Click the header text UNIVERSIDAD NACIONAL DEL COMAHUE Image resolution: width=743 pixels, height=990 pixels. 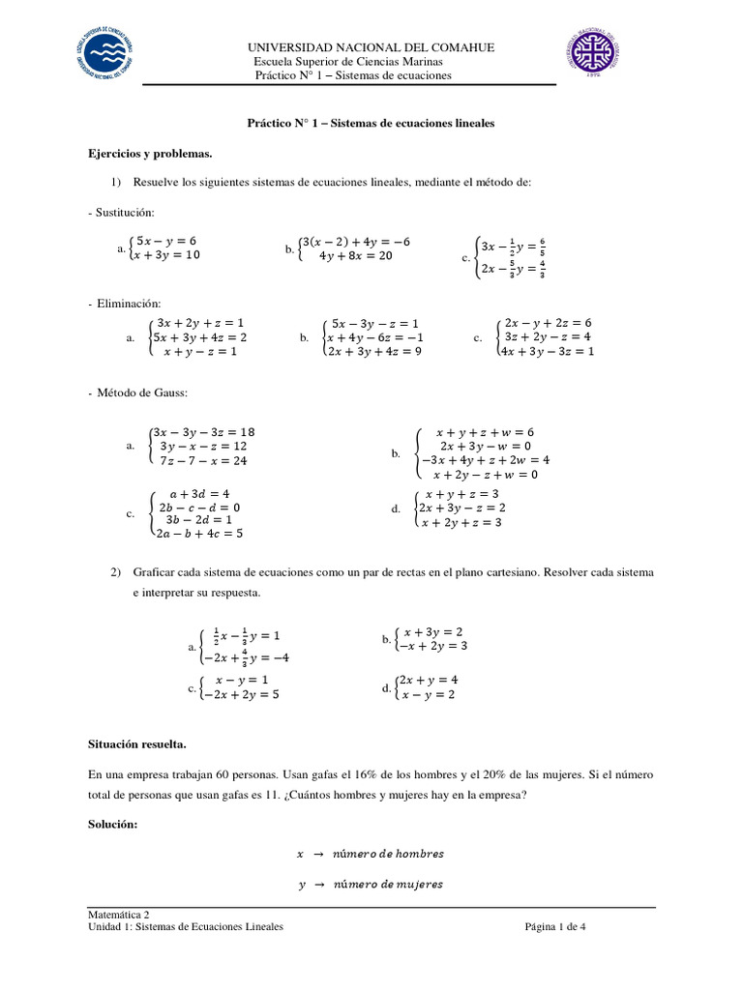point(371,47)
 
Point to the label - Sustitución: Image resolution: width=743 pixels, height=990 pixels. point(121,212)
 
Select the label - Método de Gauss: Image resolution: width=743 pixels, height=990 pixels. point(136,393)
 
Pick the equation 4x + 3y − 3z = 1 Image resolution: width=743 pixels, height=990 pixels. point(545,351)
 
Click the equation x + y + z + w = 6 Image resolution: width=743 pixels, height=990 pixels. point(485,432)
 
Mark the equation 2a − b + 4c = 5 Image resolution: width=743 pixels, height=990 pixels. point(199,532)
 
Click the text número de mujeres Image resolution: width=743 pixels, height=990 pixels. point(387,884)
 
